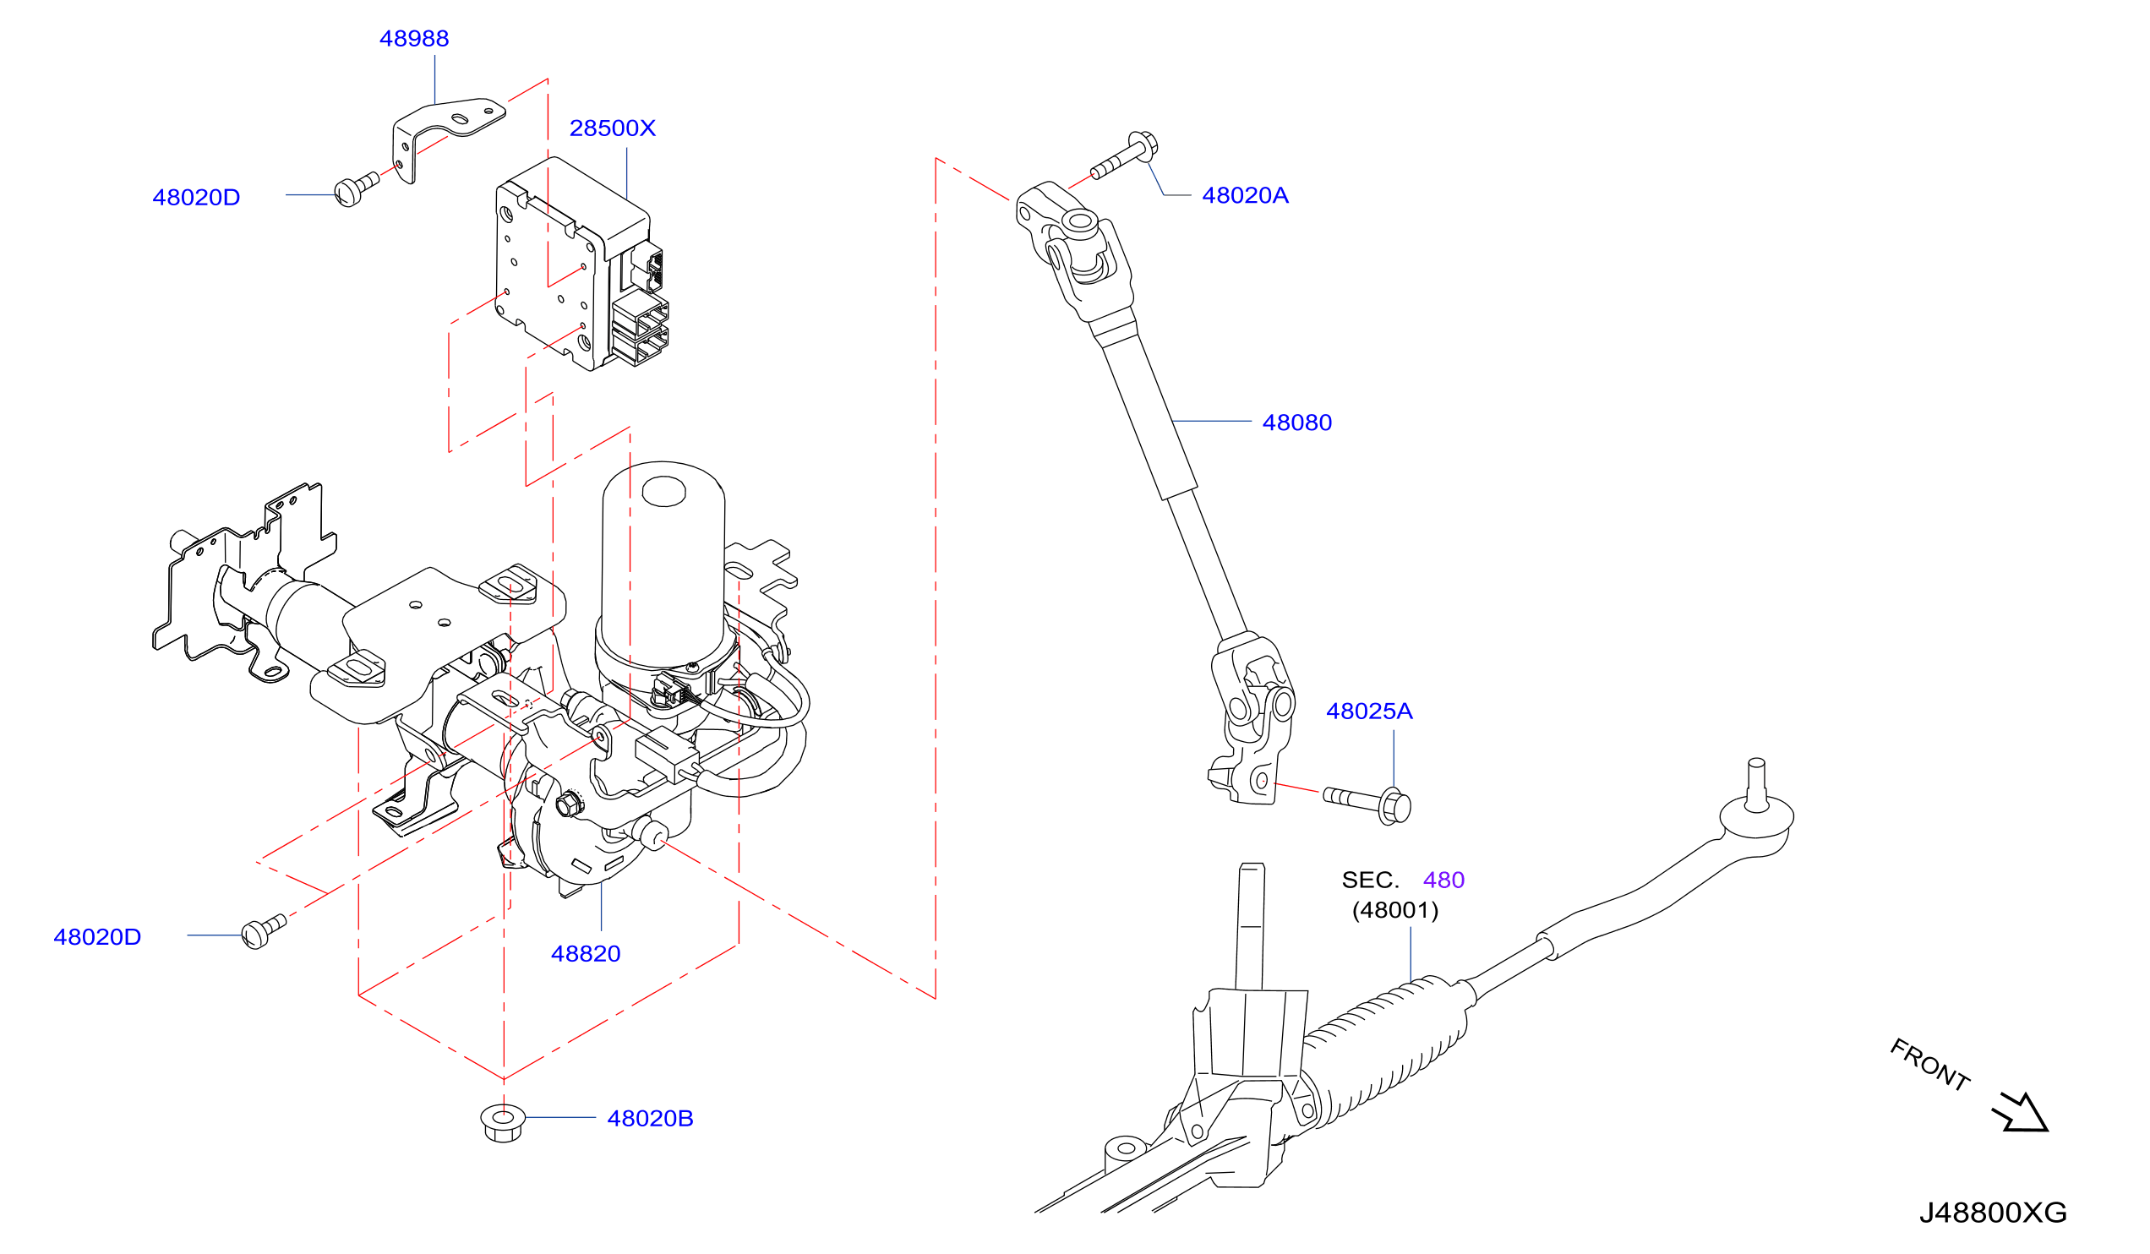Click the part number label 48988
tap(414, 38)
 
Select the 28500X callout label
tap(613, 128)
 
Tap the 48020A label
tap(1245, 195)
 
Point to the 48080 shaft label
tap(1296, 423)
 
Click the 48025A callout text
tap(1369, 711)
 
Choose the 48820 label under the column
tap(586, 954)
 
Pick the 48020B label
tap(650, 1118)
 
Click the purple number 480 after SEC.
tap(1443, 880)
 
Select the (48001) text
tap(1395, 910)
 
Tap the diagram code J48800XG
tap(1993, 1213)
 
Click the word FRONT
tap(1930, 1065)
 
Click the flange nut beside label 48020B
tap(503, 1123)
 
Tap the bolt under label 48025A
tap(1367, 804)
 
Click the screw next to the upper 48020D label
tap(356, 188)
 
